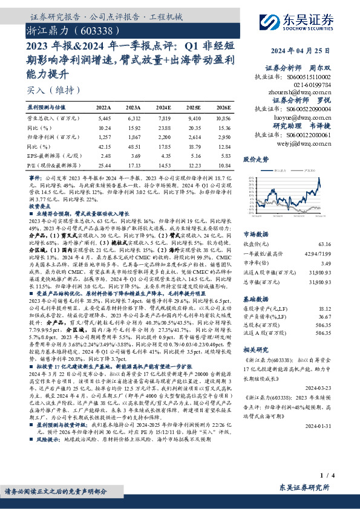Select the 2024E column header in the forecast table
[164, 106]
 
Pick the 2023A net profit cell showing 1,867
[133, 138]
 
